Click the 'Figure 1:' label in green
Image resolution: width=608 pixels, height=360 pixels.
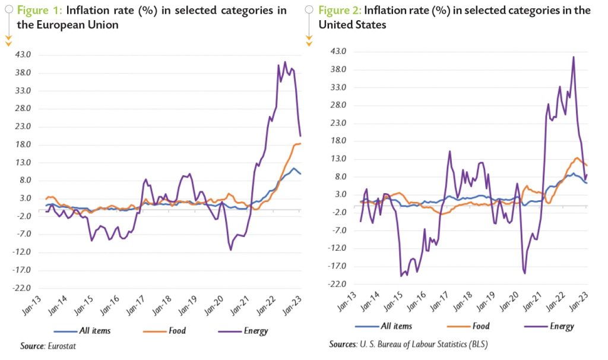(42, 11)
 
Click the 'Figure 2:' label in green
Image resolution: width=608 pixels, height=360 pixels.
(340, 11)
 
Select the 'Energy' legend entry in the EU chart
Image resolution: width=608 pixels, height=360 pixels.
(255, 331)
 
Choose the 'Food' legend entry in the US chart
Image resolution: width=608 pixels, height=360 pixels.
(481, 326)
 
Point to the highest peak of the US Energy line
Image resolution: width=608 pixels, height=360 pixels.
(574, 57)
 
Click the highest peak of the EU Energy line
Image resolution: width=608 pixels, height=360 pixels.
(285, 62)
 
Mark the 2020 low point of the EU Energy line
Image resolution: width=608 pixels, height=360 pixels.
(230, 250)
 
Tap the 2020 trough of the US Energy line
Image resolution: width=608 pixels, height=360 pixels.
(525, 273)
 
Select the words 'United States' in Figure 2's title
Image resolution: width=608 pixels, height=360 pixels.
(353, 25)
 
